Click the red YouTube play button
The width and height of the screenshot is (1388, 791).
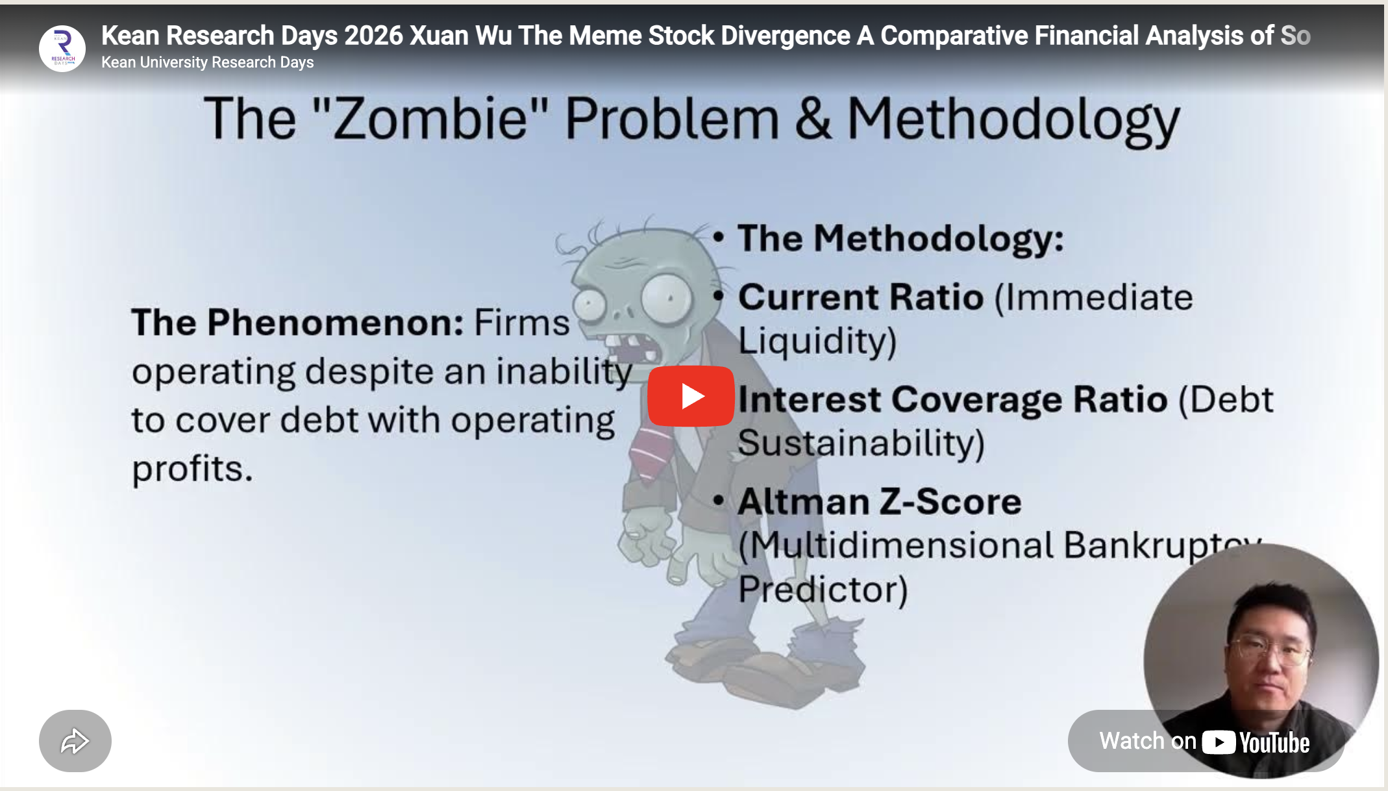[691, 396]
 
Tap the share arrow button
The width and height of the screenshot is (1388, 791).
[75, 741]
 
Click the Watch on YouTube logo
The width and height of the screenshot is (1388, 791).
[1255, 742]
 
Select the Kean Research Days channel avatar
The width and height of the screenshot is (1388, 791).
[62, 49]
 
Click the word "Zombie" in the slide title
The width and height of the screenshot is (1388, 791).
[430, 119]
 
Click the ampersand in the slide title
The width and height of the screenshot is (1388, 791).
[813, 119]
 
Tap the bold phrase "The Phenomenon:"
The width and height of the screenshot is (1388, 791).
[297, 323]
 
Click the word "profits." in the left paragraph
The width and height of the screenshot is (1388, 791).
[192, 469]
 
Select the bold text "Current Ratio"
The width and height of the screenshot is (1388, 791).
[861, 298]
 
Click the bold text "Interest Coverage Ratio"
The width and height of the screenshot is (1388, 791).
[952, 399]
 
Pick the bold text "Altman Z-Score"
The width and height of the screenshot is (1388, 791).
[880, 502]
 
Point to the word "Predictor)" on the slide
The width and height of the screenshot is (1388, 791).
[823, 590]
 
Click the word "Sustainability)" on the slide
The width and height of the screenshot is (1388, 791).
[861, 444]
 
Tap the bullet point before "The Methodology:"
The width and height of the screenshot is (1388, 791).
[718, 238]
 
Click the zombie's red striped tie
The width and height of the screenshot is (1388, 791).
[651, 451]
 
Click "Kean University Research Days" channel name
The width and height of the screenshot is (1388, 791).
[207, 62]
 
